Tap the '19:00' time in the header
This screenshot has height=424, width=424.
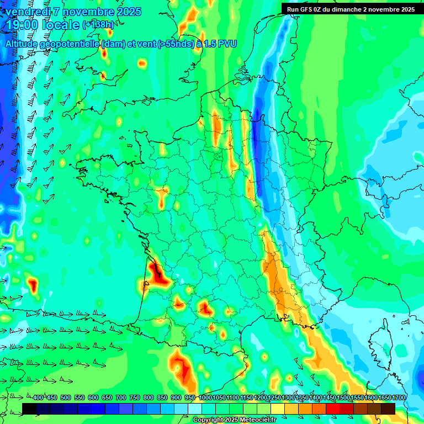(21, 25)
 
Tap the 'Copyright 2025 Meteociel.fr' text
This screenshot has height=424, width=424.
(235, 420)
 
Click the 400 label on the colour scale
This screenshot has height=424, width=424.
(38, 398)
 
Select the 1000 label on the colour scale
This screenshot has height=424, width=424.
(205, 398)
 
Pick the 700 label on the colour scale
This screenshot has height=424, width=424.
(121, 398)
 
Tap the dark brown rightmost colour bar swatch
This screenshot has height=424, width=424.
(388, 409)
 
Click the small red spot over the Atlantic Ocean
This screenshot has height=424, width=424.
(33, 285)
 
